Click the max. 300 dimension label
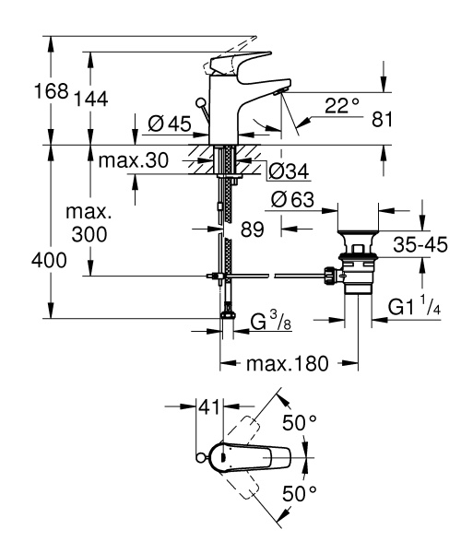89,223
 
